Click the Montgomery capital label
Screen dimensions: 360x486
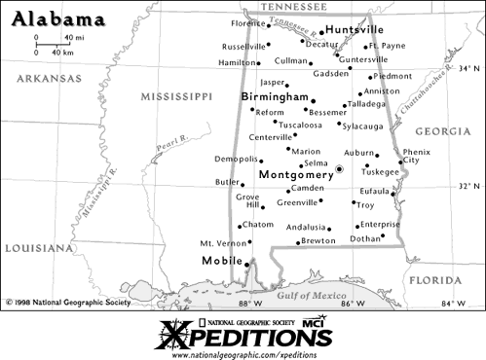pyautogui.click(x=296, y=174)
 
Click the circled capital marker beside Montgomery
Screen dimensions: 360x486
pyautogui.click(x=339, y=169)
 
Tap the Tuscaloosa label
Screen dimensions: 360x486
pyautogui.click(x=300, y=125)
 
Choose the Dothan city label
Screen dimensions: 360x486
pyautogui.click(x=365, y=237)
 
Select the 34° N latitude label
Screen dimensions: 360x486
pyautogui.click(x=470, y=68)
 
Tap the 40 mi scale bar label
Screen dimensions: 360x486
pyautogui.click(x=73, y=37)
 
